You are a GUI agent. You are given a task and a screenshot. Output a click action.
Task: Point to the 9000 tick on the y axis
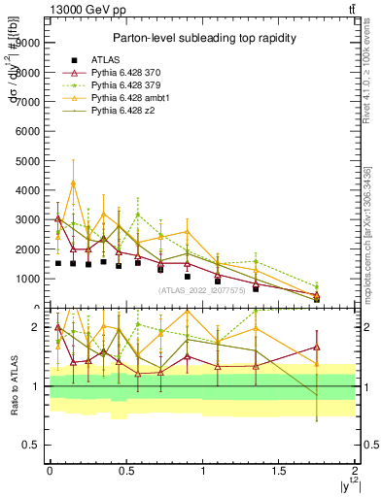[x=27, y=43]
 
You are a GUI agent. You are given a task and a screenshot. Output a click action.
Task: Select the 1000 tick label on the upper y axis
[x=27, y=279]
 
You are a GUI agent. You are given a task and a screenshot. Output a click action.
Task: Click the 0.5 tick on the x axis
[x=125, y=470]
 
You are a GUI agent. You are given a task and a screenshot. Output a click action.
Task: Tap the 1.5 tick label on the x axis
[x=278, y=470]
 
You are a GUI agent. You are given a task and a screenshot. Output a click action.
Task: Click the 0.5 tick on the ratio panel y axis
[x=31, y=445]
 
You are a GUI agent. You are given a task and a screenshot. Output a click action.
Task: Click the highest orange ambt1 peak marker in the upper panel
[x=73, y=182]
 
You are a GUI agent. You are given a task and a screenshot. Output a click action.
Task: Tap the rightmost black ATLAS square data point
[x=317, y=299]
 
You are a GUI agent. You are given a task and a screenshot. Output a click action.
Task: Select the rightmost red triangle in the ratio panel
[x=317, y=347]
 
